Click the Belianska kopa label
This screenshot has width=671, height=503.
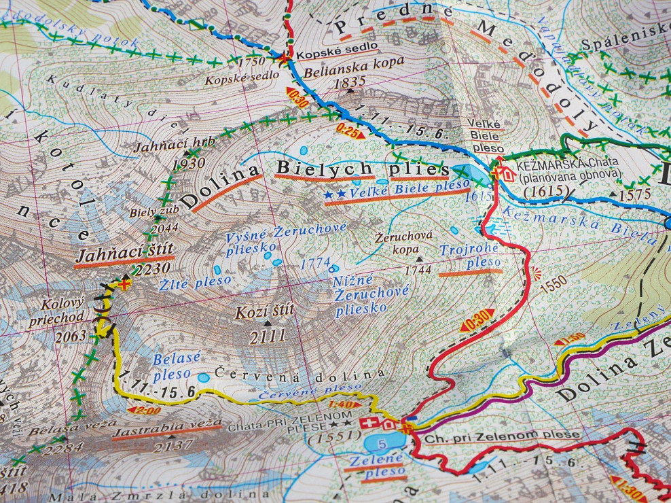pos(344,67)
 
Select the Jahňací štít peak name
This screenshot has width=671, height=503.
pos(124,256)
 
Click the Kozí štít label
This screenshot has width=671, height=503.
pos(264,313)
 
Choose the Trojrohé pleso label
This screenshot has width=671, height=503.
pos(469,256)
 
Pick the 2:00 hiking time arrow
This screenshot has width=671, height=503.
pos(144,410)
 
